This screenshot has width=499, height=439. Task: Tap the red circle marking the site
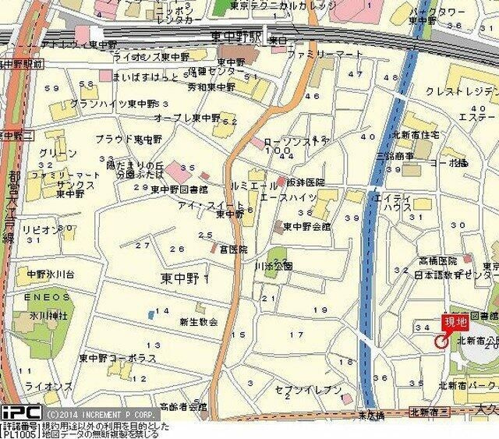[x=441, y=341]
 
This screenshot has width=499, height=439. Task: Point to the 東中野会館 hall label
[x=307, y=227]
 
